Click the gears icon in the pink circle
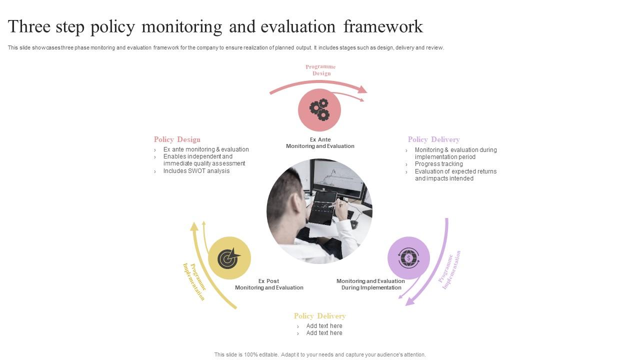[x=319, y=110]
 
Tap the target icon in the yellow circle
[x=229, y=258]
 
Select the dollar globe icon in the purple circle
[x=408, y=258]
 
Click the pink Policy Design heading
[x=177, y=139]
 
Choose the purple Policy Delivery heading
[x=433, y=139]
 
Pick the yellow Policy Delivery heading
[x=319, y=316]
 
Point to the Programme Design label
[x=320, y=70]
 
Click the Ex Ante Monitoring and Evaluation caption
[x=320, y=143]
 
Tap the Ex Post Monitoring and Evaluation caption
[x=269, y=284]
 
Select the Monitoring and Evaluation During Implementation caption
[x=371, y=284]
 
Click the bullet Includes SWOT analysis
[x=196, y=171]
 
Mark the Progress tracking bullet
[x=438, y=164]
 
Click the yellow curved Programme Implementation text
[x=194, y=281]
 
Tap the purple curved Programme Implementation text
[x=449, y=270]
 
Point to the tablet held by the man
[x=322, y=206]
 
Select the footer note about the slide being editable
[x=320, y=354]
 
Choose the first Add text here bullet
[x=324, y=326]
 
